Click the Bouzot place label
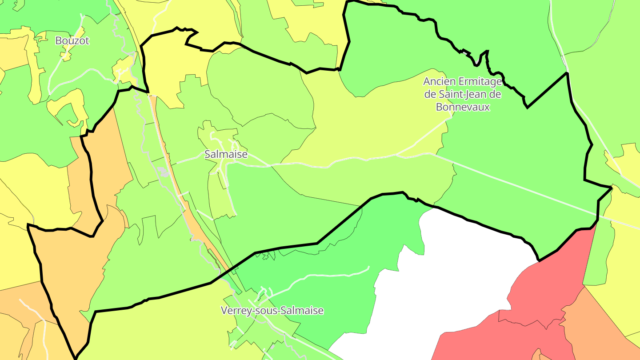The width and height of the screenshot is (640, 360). [x=72, y=41]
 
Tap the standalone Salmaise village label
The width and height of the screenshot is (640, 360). [x=226, y=155]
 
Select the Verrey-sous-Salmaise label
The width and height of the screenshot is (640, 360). [x=272, y=311]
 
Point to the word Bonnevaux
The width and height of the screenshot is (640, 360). [x=463, y=107]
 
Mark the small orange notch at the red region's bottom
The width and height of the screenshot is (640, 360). [x=536, y=354]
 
